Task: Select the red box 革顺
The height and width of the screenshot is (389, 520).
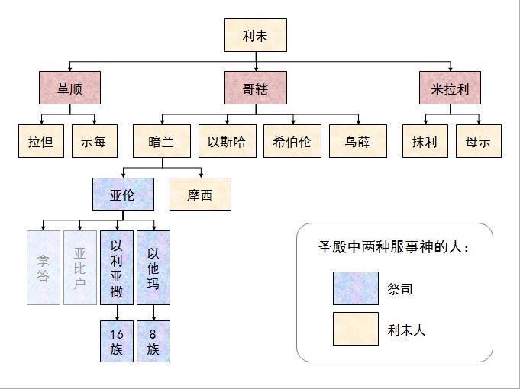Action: click(69, 88)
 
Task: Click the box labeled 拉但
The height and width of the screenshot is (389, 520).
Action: click(40, 142)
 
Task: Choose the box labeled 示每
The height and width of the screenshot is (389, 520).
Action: click(95, 142)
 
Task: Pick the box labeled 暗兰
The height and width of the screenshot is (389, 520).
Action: click(161, 142)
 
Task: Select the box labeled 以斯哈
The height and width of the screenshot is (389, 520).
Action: click(226, 142)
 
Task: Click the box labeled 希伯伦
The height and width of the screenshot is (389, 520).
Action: click(291, 142)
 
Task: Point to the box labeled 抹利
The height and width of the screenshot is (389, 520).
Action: click(425, 142)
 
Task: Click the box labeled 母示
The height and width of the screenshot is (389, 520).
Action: click(479, 142)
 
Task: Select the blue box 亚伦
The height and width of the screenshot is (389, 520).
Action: click(122, 194)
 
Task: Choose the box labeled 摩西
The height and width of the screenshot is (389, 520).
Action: click(200, 194)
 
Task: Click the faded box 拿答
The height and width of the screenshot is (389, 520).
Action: click(44, 267)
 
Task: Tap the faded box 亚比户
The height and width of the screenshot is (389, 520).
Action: click(80, 267)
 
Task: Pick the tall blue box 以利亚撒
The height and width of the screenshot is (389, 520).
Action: click(117, 267)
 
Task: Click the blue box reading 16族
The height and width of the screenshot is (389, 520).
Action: click(117, 341)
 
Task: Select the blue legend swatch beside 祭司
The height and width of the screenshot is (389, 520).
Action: click(355, 288)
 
